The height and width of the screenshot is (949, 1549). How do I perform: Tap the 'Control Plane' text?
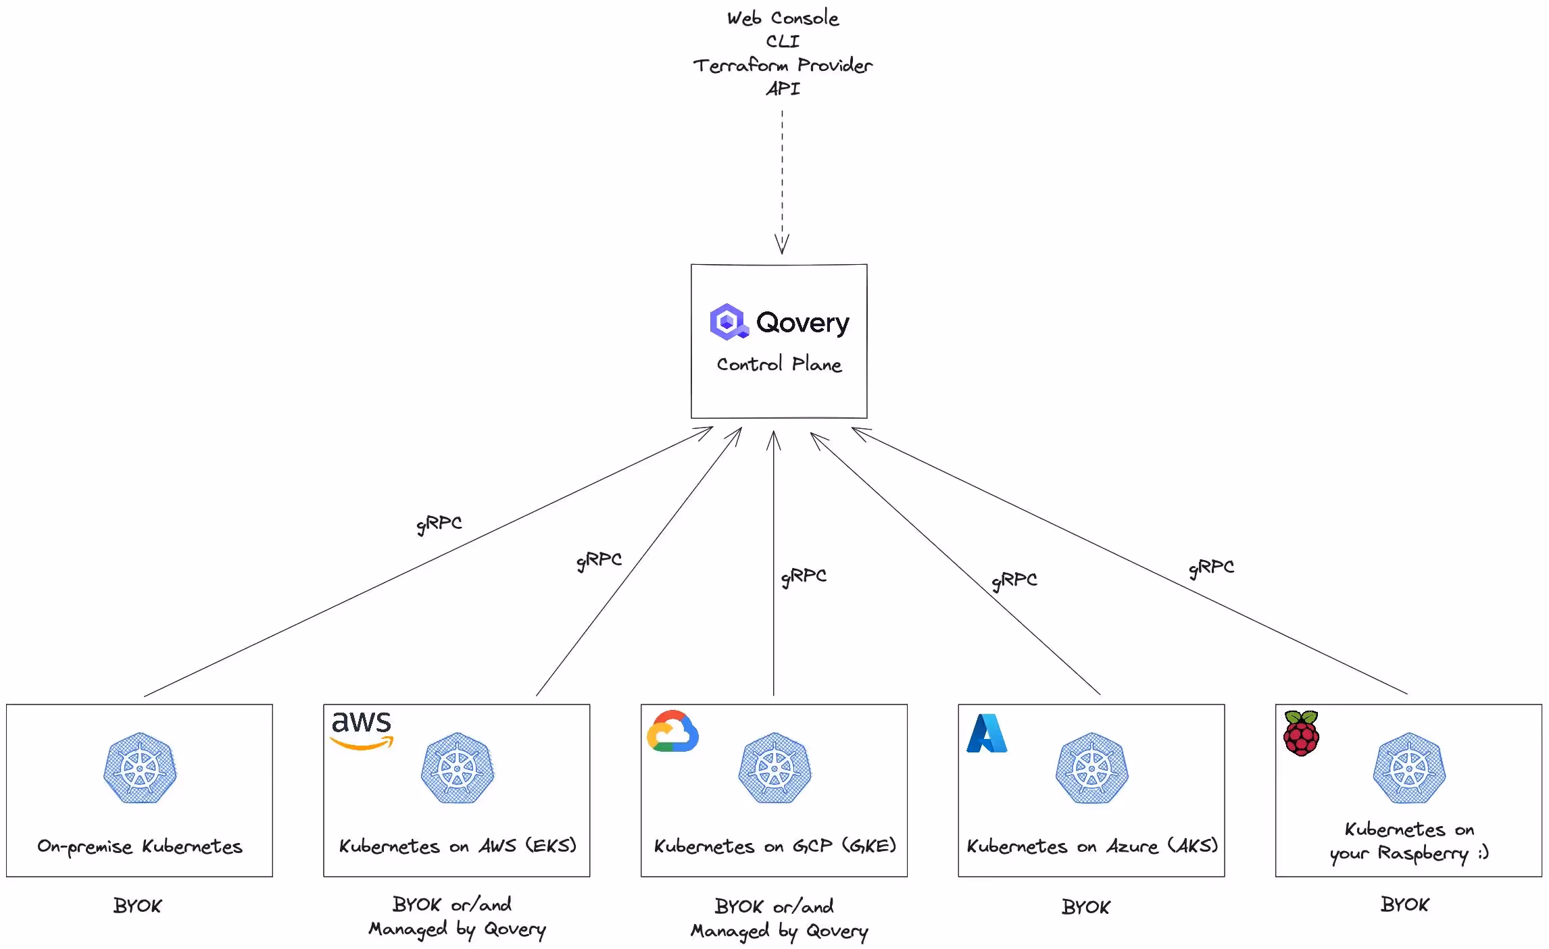779,365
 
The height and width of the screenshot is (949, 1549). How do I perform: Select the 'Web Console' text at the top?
783,18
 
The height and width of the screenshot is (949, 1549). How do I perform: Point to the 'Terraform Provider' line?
783,66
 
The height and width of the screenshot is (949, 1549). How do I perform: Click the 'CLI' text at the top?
783,42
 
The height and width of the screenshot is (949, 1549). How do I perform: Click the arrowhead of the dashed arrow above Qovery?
782,245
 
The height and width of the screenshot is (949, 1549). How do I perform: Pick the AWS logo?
362,729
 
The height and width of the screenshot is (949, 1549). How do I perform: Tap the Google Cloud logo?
672,732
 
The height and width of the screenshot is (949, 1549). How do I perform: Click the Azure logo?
987,734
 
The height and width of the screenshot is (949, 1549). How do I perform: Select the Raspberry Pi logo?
1301,733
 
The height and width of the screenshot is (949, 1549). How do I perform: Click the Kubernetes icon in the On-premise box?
140,768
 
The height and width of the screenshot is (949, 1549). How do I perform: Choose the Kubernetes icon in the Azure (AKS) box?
1091,768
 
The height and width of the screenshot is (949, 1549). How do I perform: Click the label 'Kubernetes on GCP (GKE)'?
774,846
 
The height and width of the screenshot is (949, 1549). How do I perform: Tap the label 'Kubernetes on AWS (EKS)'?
458,846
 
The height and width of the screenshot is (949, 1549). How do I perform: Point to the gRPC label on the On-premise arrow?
439,523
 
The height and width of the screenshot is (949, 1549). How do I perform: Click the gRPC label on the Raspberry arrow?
1212,567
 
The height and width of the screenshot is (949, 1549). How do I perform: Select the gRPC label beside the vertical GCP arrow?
804,576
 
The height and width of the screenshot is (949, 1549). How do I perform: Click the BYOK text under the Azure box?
1085,907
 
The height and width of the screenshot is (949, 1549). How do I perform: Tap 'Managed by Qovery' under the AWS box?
457,929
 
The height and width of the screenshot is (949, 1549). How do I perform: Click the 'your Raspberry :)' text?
1409,854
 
